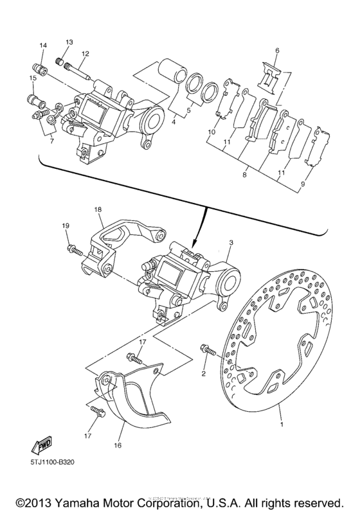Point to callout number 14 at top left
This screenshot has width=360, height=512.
click(x=43, y=45)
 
